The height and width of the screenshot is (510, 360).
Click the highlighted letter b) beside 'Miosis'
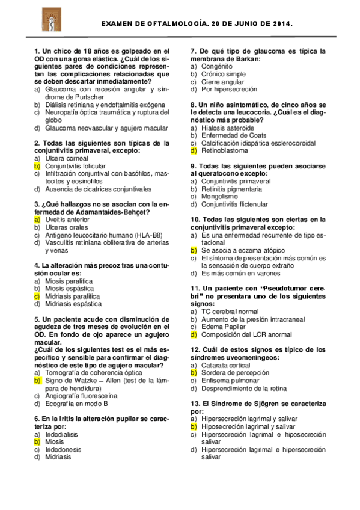tap(37, 441)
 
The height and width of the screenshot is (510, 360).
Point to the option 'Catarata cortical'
tap(226, 365)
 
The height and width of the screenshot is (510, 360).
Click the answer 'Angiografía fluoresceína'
tap(81, 396)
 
